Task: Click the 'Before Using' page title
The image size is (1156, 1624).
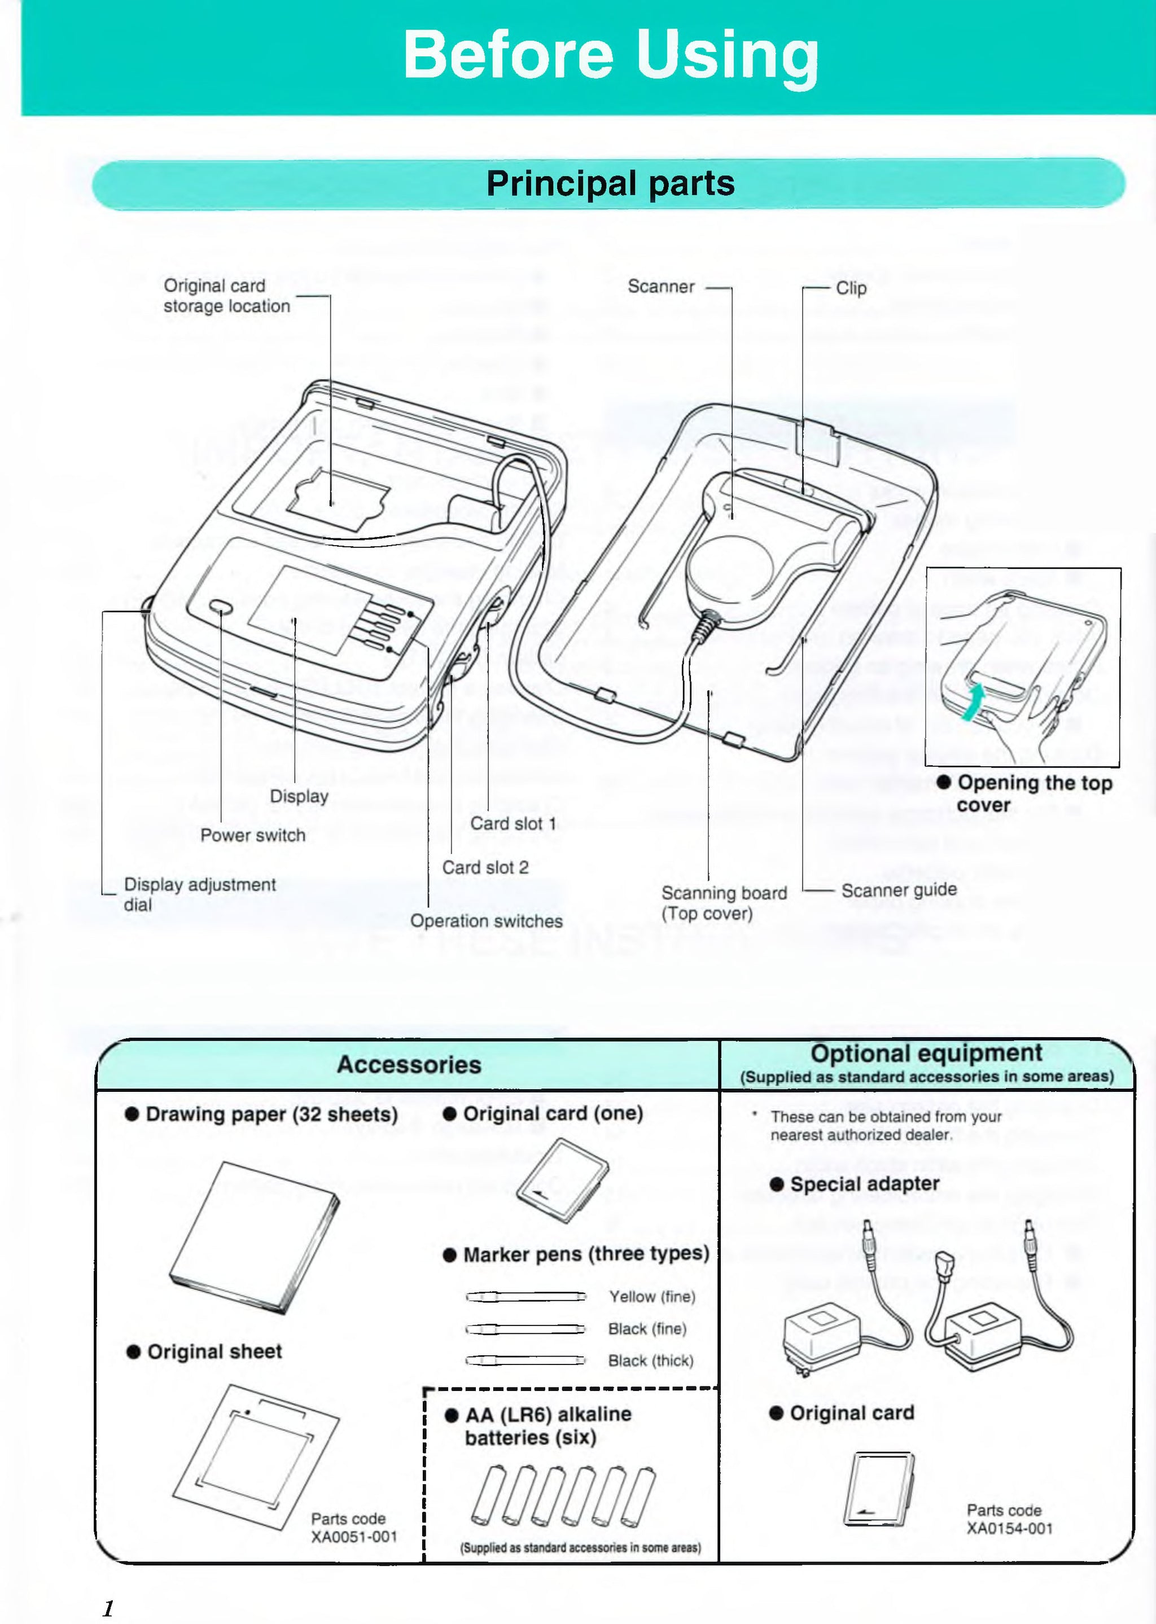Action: (610, 55)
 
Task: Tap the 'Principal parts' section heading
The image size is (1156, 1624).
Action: (610, 183)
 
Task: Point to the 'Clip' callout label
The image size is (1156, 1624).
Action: (851, 288)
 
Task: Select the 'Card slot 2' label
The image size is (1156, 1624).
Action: (485, 867)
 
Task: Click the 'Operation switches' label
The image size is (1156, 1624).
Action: (486, 921)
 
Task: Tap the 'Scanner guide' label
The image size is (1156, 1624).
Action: (899, 889)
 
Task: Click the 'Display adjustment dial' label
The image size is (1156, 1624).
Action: (199, 894)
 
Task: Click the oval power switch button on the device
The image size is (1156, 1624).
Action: (221, 608)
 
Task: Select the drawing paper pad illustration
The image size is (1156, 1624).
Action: (254, 1237)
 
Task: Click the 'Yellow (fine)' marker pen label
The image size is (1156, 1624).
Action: (652, 1297)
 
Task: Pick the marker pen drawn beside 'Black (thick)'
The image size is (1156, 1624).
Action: (526, 1360)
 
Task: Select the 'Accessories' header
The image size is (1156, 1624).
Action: (409, 1065)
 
